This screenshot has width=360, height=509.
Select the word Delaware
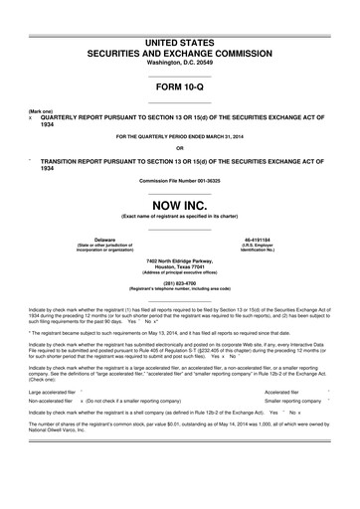(x=104, y=240)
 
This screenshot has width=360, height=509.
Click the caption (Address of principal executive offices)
(x=180, y=273)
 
